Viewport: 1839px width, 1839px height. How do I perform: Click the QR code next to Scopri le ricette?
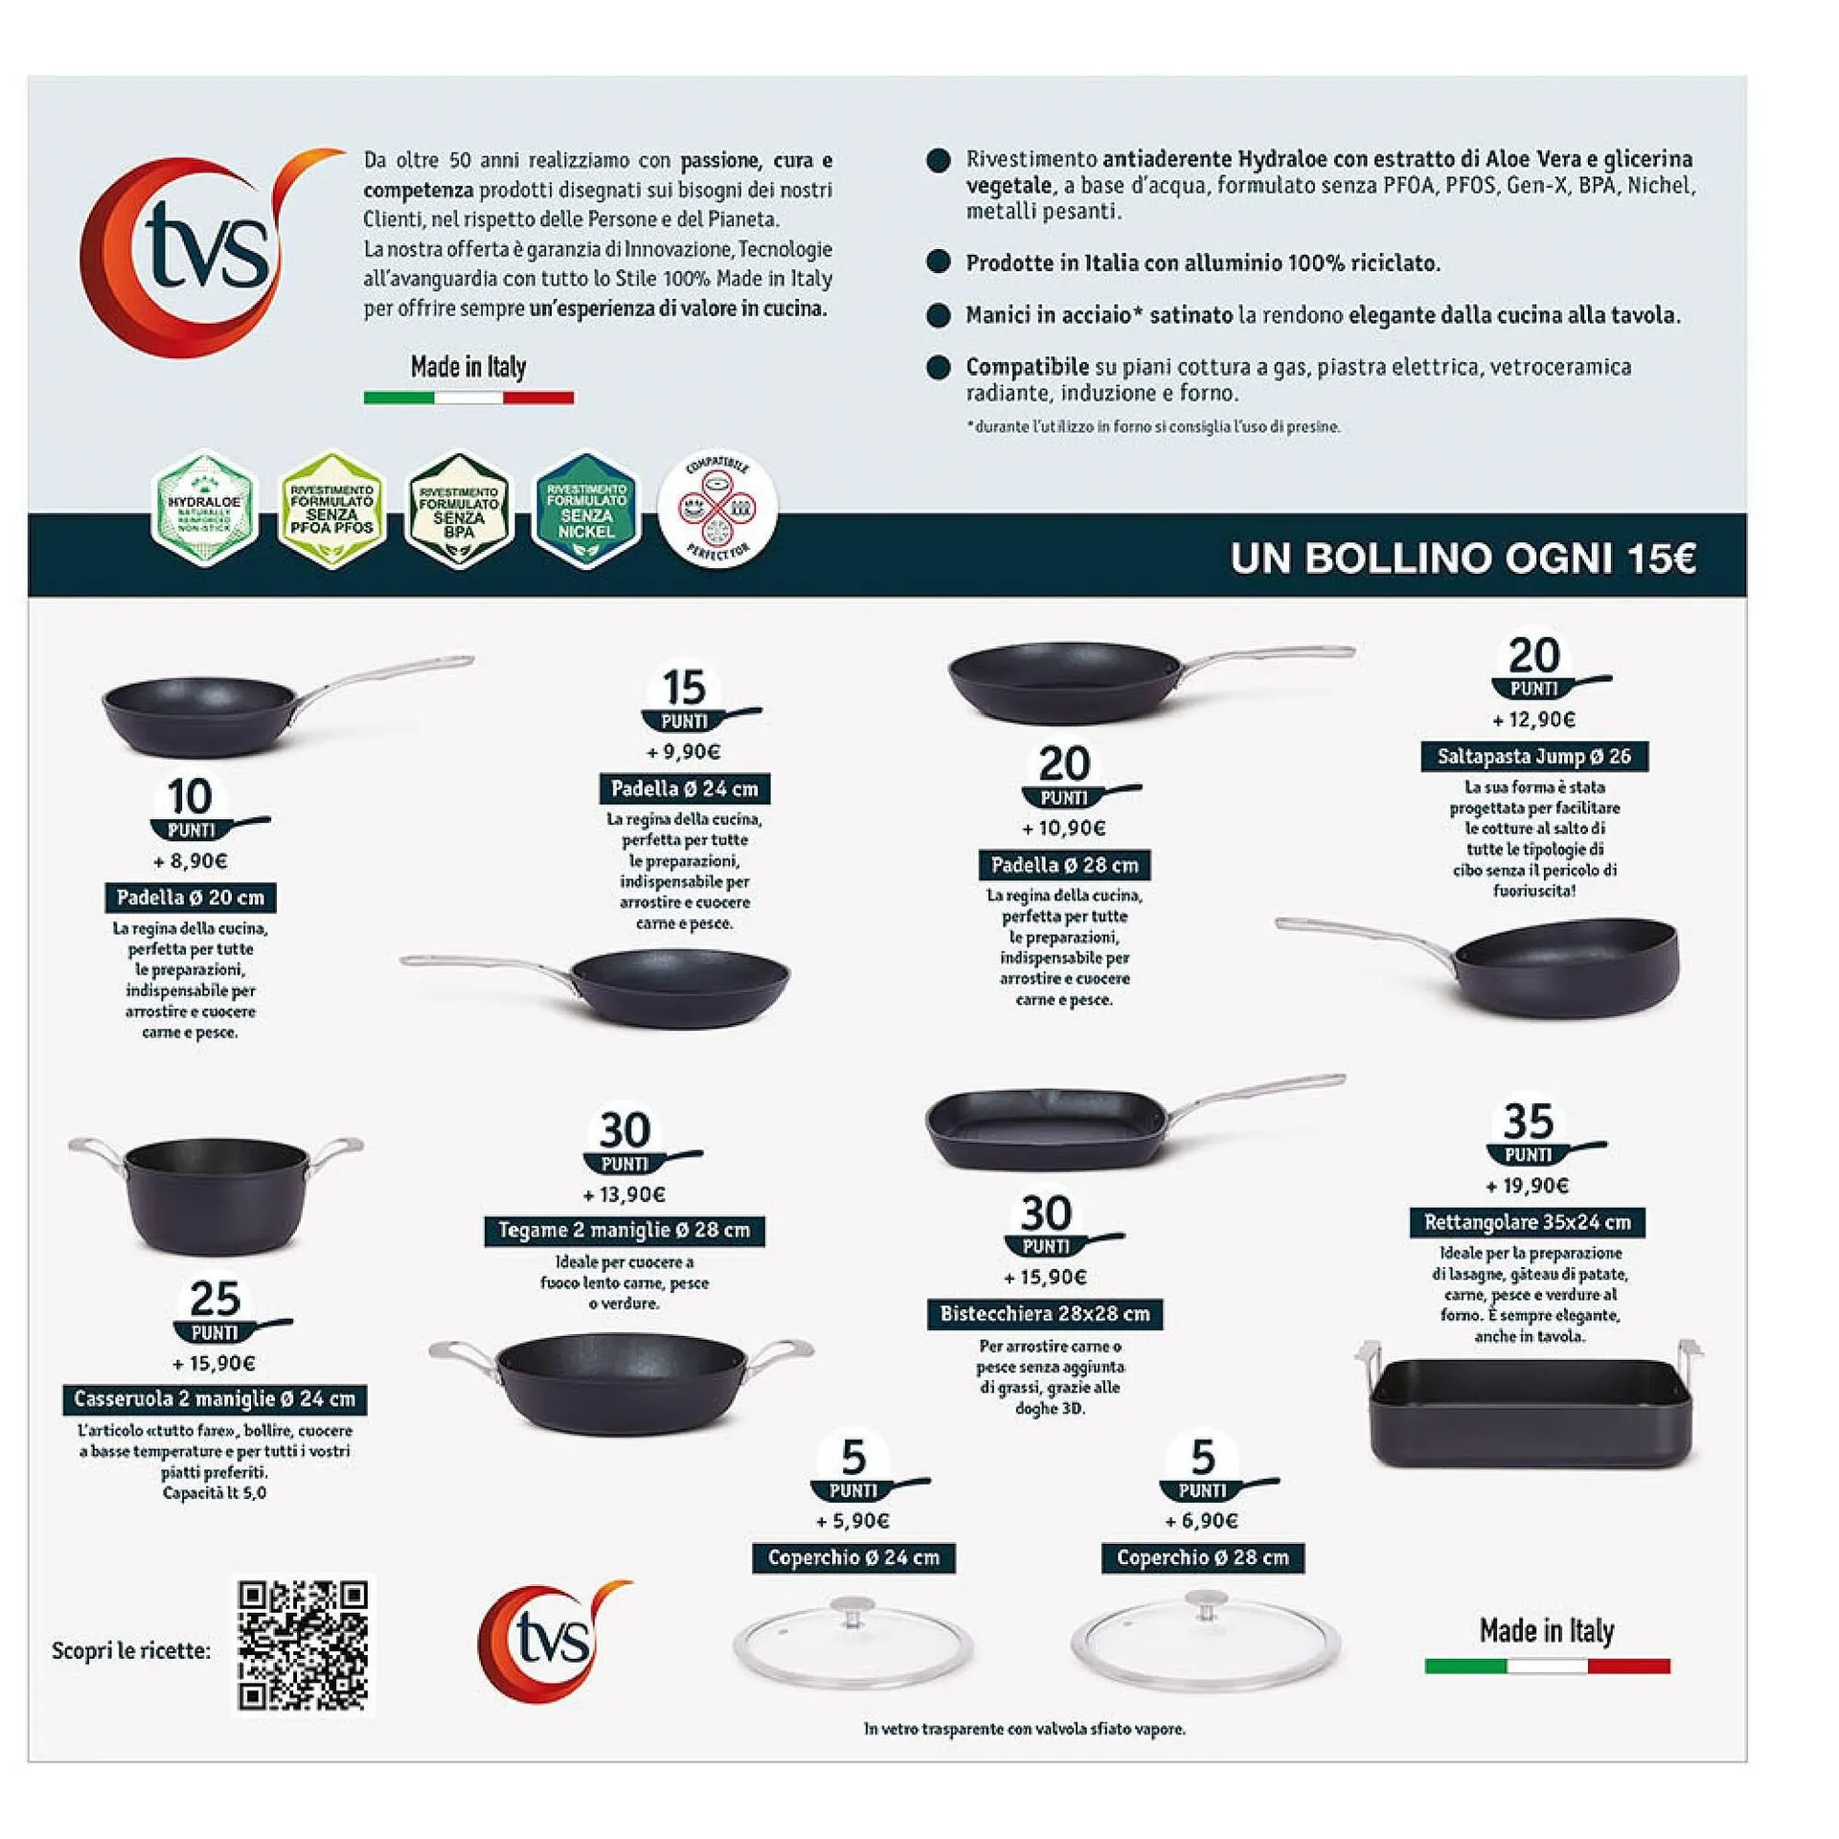(303, 1645)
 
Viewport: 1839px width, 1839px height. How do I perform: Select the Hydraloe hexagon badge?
(204, 510)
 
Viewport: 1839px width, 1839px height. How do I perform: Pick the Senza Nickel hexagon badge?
(585, 511)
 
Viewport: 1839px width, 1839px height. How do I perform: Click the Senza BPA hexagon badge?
(459, 511)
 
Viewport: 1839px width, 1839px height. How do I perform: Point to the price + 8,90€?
(191, 861)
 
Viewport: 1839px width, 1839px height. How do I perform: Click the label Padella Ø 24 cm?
(684, 789)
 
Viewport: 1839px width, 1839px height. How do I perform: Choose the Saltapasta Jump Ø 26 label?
(1533, 757)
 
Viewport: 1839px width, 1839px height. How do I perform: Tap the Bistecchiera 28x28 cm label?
(1044, 1314)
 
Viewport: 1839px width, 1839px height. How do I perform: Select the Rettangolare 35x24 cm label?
(1527, 1222)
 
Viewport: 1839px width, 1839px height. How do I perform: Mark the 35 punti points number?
(1527, 1121)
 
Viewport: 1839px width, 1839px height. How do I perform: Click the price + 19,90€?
(1527, 1186)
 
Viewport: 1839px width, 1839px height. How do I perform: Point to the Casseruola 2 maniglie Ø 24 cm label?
(215, 1399)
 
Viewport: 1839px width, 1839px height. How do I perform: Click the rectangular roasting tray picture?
(1530, 1407)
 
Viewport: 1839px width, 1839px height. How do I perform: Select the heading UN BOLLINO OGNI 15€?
(1463, 558)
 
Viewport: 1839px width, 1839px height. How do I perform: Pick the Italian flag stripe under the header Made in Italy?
(468, 397)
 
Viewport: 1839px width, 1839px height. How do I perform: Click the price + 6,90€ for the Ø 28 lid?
(1201, 1521)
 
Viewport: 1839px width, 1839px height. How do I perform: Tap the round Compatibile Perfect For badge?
(717, 508)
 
